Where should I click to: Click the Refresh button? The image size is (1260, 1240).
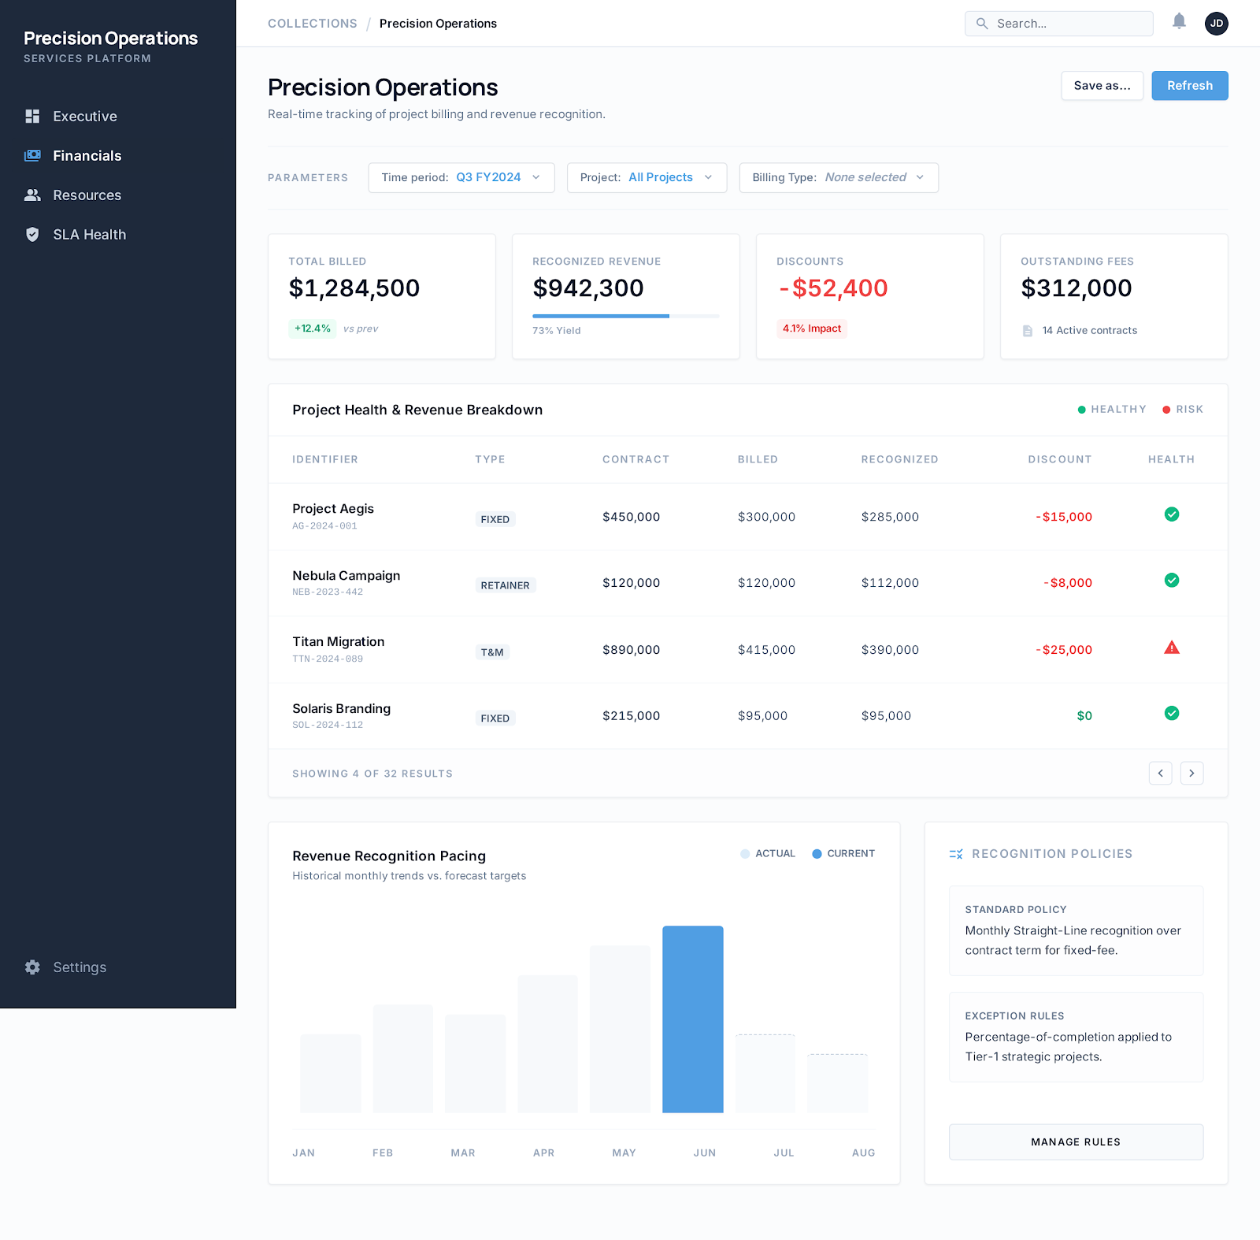tap(1189, 86)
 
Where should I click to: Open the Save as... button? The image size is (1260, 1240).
tap(1102, 86)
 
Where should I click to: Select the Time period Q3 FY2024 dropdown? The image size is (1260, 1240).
tap(461, 178)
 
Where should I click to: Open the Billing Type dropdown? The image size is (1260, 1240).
tap(838, 178)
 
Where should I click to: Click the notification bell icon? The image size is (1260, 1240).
tap(1179, 22)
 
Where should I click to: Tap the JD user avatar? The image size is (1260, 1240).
tap(1216, 24)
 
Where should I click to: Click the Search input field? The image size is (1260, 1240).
tap(1059, 24)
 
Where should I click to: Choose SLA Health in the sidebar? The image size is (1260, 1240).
tap(89, 235)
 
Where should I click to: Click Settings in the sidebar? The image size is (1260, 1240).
tap(79, 967)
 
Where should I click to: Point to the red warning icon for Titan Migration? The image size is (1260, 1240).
tap(1172, 648)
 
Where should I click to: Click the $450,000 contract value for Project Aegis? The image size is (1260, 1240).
tap(631, 518)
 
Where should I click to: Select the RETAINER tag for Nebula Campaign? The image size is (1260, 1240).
tap(505, 585)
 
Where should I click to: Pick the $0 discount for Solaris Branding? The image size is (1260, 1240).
tap(1084, 716)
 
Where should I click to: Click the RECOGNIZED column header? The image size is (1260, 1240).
tap(899, 459)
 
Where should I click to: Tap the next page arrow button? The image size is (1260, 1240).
tap(1191, 774)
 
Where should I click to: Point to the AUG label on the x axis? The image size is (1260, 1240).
tap(863, 1153)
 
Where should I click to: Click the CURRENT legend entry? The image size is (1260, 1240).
tap(843, 854)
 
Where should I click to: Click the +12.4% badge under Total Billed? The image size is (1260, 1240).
tap(313, 329)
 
